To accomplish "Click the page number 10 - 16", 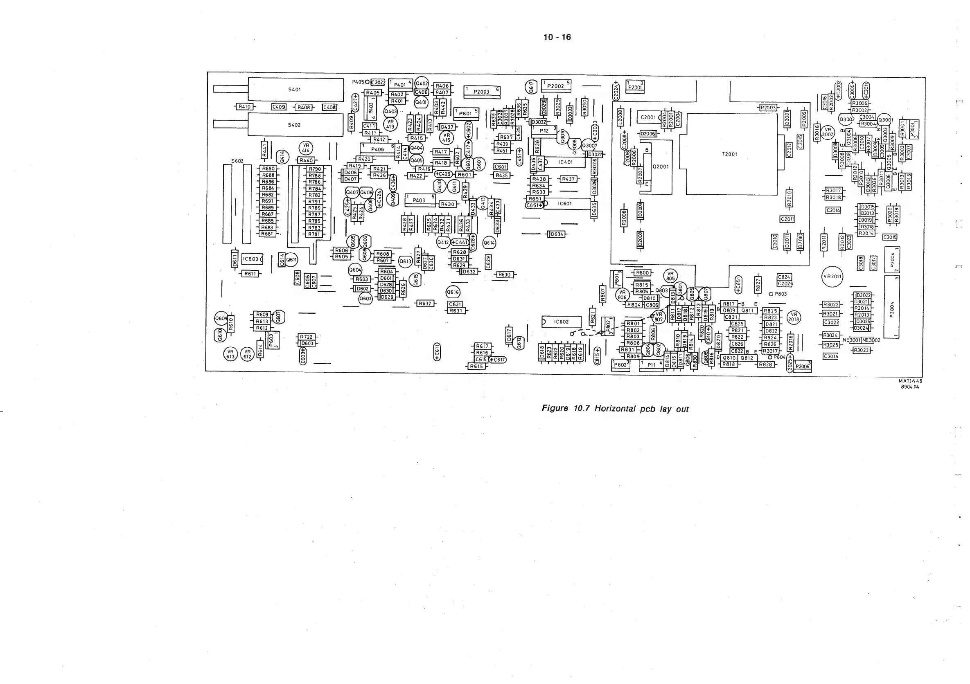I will pos(557,37).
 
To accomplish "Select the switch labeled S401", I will pos(295,90).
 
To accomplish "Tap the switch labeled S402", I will pos(295,125).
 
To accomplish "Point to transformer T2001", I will pos(730,154).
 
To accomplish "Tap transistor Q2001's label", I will pos(661,167).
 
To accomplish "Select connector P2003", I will pos(482,92).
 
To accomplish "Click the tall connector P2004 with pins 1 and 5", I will pos(892,308).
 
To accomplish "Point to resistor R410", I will pos(245,107).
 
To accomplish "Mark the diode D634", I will pos(557,234).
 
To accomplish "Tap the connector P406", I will pos(377,149).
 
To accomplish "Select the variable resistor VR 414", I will pos(306,148).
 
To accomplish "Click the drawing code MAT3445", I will pos(910,381).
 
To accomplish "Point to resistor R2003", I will pos(768,108).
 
